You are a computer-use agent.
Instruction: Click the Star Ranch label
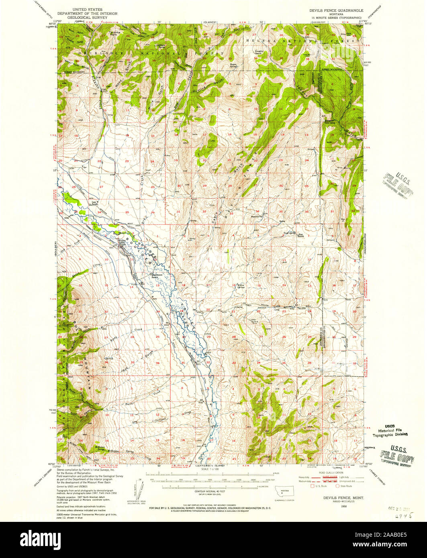click(300, 236)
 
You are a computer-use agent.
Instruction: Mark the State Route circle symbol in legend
click(337, 486)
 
